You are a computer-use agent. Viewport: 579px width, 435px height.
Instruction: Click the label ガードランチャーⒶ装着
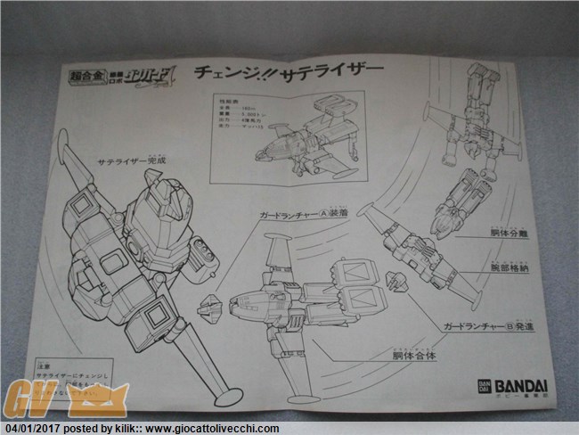point(299,216)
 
